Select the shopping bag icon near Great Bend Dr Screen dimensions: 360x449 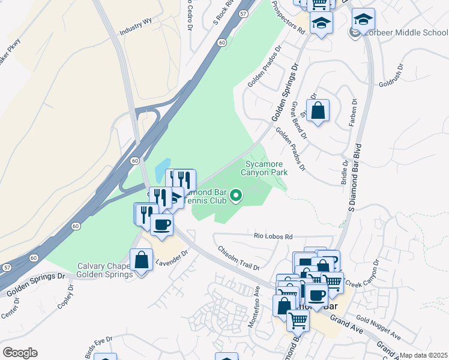(x=318, y=111)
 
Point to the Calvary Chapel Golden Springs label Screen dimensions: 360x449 (x=104, y=271)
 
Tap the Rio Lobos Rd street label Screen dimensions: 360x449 (x=273, y=237)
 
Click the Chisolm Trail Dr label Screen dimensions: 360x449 (x=238, y=258)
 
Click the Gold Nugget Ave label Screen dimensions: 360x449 (x=377, y=326)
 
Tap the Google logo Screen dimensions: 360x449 (x=20, y=353)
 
